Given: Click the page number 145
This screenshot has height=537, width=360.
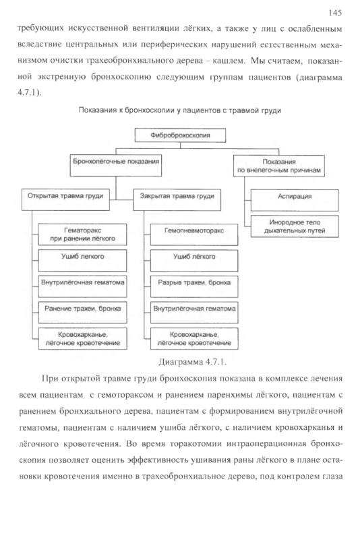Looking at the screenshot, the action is pos(334,13).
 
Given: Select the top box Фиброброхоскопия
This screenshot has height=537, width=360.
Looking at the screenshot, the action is pos(180,135).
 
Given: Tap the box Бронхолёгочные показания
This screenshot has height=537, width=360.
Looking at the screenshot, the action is pos(116,166).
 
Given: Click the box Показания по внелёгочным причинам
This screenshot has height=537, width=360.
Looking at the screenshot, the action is pos(279,166).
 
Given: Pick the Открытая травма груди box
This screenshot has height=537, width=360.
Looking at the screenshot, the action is pos(65,199).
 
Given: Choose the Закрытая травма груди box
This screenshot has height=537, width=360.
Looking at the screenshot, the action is pos(177,199).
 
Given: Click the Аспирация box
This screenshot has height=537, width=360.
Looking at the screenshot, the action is pos(295,200).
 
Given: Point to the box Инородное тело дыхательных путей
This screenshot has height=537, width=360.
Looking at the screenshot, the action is pos(295,226).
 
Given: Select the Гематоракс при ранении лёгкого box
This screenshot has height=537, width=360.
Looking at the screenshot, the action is pos(82,234).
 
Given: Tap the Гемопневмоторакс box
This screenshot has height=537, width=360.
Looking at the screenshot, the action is pos(194,235).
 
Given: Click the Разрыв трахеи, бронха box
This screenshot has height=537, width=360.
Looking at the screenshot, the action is pos(194,286).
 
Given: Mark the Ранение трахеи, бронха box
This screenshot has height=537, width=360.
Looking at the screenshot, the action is pos(82,313).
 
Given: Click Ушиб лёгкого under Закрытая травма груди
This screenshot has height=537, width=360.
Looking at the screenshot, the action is pos(194,261).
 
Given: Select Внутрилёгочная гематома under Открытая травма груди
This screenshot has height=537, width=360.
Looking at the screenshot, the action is pos(82,286).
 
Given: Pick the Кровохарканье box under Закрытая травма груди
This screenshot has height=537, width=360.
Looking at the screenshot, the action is pos(194,339).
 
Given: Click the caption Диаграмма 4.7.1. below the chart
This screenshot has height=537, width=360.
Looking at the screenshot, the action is pos(193,362).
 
